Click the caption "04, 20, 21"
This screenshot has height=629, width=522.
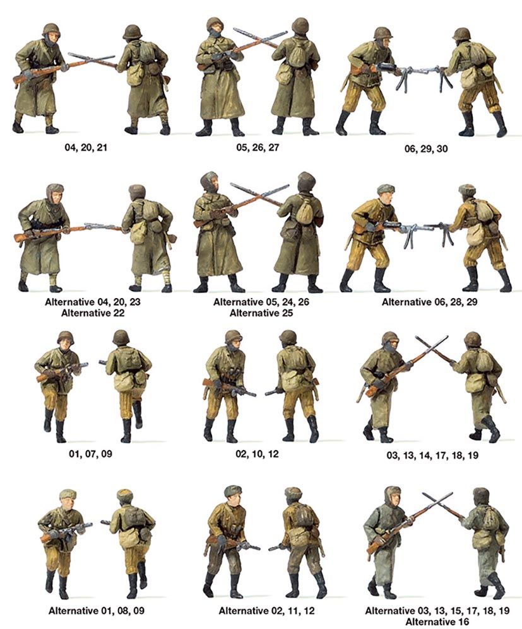86,147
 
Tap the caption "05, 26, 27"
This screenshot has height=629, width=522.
258,147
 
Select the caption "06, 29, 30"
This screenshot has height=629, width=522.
425,149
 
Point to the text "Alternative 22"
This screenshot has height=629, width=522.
93,313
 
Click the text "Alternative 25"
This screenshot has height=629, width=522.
261,313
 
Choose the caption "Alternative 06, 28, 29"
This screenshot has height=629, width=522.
430,302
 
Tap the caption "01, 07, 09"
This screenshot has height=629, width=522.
90,454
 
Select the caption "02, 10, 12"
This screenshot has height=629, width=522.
257,454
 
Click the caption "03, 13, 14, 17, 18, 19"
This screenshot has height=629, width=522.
432,455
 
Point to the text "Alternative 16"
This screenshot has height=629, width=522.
437,621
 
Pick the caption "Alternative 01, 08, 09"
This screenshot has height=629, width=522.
97,611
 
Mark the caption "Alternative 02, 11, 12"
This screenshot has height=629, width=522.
266,611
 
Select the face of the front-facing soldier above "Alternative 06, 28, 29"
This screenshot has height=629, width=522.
386,197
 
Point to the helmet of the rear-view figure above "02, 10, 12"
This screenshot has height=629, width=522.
287,337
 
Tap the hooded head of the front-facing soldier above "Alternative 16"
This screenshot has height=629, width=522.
394,497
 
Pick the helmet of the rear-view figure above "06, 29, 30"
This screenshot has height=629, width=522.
461,33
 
